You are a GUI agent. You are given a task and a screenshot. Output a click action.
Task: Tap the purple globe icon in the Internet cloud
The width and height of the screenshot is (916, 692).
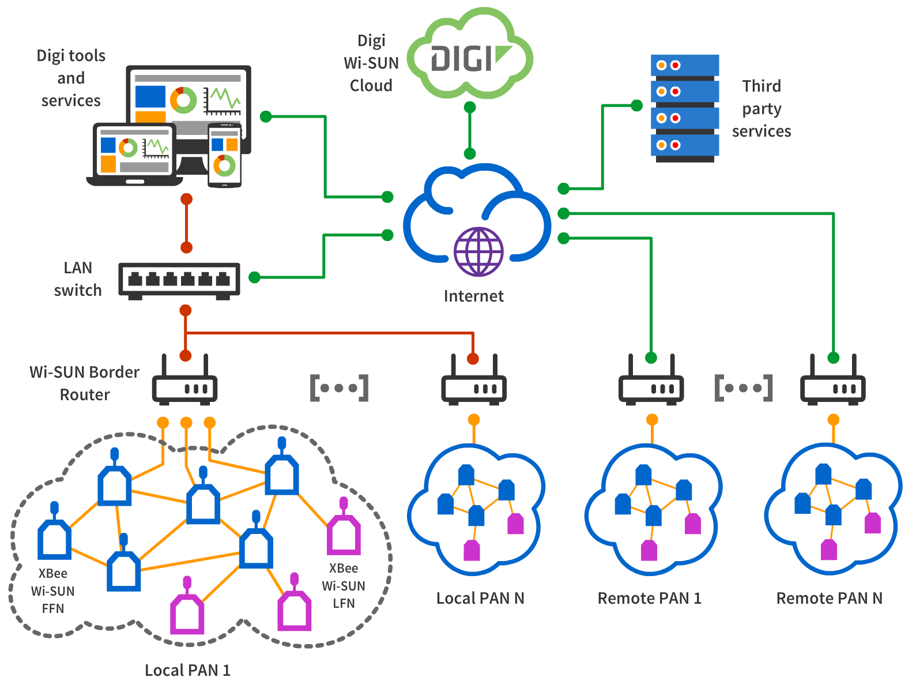pos(478,251)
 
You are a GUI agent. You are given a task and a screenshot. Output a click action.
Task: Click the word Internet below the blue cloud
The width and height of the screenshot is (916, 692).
pos(473,296)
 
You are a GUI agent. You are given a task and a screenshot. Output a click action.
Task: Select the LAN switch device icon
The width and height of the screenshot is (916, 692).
pos(179,280)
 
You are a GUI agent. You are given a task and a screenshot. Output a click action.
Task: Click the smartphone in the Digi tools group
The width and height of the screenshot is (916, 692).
pos(224,155)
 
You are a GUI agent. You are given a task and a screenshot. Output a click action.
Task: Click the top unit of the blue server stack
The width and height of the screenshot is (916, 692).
pos(685,65)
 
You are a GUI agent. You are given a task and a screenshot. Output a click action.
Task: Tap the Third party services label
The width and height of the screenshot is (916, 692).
pos(762,108)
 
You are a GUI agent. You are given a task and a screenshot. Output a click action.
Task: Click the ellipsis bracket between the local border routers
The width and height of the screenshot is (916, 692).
pos(339,388)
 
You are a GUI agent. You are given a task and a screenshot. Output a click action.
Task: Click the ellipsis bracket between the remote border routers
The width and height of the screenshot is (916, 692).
pos(744,388)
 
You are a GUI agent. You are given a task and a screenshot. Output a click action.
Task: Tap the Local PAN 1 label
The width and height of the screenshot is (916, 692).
pos(187,670)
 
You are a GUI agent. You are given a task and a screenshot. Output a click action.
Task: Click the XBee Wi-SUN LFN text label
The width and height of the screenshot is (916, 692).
pos(344,586)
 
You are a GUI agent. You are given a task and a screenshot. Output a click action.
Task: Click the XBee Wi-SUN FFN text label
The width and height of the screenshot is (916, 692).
pos(52,591)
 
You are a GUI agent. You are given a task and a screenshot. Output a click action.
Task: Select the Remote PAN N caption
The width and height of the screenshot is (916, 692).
pos(829,598)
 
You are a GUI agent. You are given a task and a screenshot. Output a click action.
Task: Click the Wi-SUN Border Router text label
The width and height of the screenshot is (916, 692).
pos(85,383)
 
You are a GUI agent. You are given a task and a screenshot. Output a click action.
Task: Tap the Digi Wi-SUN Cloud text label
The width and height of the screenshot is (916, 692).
pos(371,63)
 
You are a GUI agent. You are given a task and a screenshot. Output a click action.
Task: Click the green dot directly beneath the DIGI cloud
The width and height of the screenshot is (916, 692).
pos(470,107)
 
